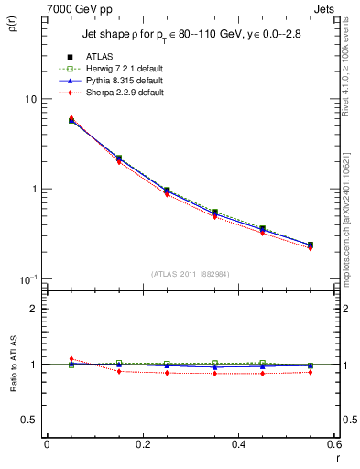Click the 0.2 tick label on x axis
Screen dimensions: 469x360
click(142, 445)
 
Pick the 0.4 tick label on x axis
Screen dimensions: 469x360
click(237, 445)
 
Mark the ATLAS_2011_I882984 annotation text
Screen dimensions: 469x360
click(190, 273)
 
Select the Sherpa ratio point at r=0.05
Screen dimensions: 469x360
click(71, 359)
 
